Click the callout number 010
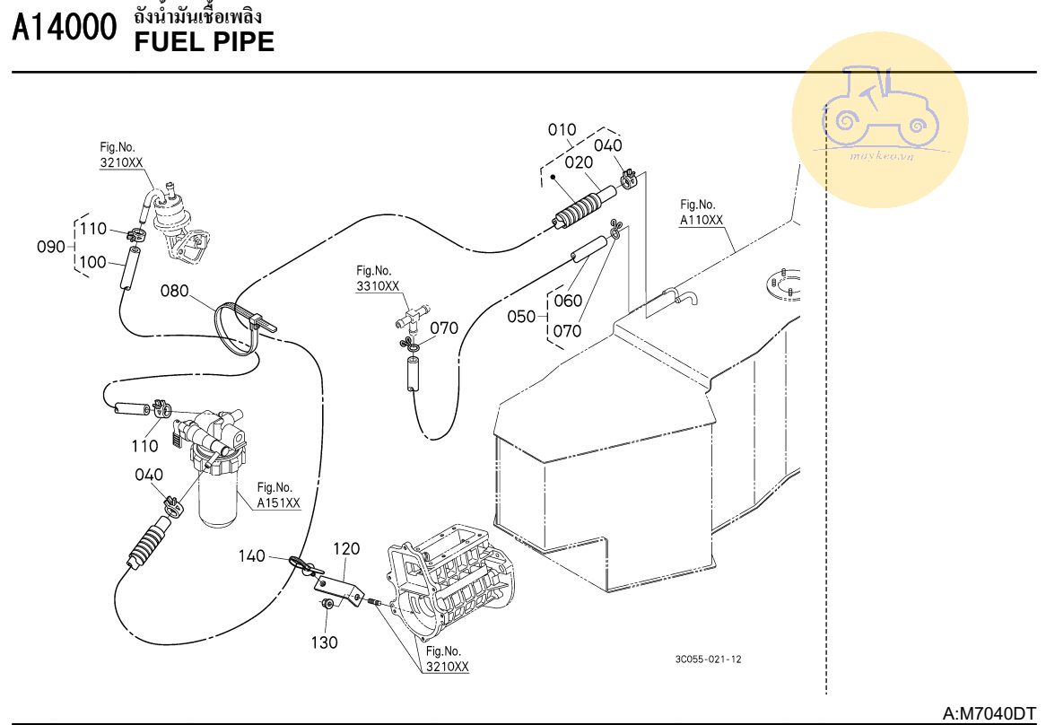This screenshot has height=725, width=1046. tap(562, 130)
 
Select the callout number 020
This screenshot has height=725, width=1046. tap(579, 162)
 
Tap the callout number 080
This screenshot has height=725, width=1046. tap(175, 291)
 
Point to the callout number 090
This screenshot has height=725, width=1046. tap(50, 247)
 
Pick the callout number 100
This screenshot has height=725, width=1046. tap(94, 262)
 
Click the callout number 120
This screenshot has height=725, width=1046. tap(346, 548)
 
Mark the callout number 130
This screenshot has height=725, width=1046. tap(325, 642)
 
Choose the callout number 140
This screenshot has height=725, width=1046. tap(252, 556)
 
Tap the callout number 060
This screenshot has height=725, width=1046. tap(568, 301)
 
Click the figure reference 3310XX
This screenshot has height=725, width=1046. tap(377, 286)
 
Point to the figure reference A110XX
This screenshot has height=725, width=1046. tap(702, 219)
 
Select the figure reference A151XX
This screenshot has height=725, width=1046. tap(278, 503)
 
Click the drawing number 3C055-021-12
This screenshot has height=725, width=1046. tap(708, 659)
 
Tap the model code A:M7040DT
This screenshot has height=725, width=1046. tap(989, 713)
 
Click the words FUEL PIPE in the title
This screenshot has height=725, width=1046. tap(204, 41)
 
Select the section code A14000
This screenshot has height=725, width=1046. tap(65, 31)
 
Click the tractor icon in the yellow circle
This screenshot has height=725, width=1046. tap(879, 108)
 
